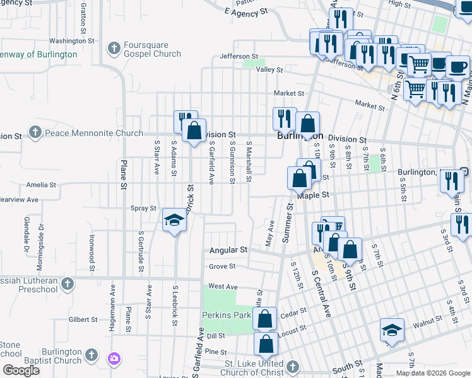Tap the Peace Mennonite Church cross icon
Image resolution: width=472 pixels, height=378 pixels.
click(x=35, y=133)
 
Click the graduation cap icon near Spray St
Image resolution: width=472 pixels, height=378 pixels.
click(x=175, y=220)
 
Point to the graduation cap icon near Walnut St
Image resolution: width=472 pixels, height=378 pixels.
click(x=392, y=330)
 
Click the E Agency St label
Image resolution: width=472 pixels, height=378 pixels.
click(x=246, y=12)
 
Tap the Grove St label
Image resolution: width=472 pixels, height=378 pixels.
click(x=222, y=266)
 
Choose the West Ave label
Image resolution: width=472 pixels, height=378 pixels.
click(x=223, y=286)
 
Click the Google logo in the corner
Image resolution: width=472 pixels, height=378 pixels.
click(x=21, y=370)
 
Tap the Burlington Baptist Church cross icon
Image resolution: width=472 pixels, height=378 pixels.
click(x=91, y=355)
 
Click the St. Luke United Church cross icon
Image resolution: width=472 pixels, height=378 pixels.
click(x=292, y=366)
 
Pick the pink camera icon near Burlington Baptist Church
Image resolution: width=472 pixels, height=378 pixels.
click(x=114, y=359)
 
